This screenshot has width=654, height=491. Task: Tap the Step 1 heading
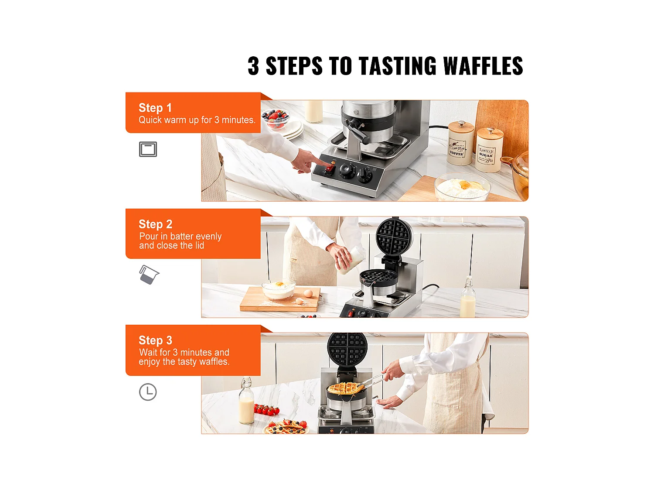pos(155,108)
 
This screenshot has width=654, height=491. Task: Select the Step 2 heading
pos(155,224)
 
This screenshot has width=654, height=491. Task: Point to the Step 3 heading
pos(155,340)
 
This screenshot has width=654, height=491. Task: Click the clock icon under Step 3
pos(147,392)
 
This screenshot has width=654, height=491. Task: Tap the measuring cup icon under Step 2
pos(149,275)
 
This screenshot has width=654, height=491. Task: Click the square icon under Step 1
pos(148,149)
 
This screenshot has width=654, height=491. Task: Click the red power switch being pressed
pos(329,169)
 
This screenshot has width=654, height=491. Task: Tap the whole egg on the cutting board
pos(308,293)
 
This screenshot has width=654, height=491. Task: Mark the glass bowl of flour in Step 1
pos(462,187)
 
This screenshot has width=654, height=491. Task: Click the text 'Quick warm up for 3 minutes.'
pos(197,120)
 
